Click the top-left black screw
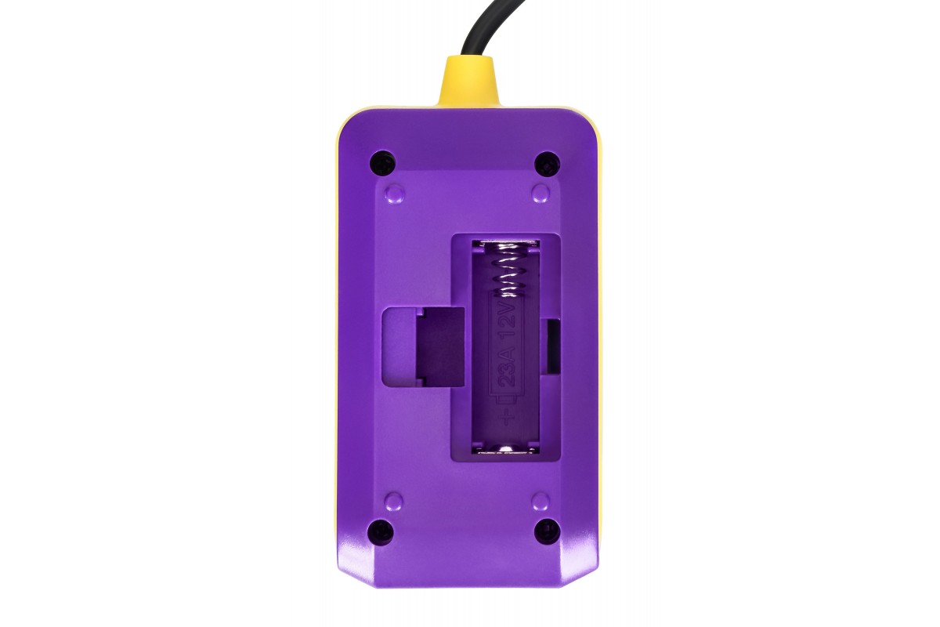(383, 161)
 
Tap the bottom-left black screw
(381, 531)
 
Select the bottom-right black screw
(548, 531)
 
